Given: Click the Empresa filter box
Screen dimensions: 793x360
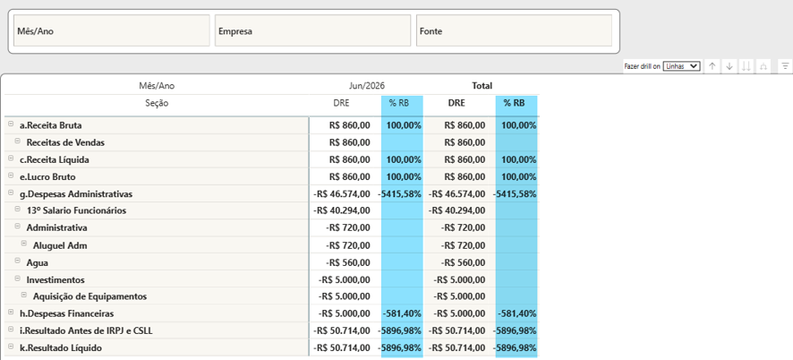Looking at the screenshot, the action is click(312, 30).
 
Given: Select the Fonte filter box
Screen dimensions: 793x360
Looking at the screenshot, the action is click(514, 30).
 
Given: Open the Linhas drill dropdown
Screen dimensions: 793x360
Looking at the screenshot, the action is click(681, 66).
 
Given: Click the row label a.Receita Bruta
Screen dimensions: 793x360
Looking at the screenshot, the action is click(51, 125).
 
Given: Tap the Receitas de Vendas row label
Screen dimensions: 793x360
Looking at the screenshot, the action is click(65, 142).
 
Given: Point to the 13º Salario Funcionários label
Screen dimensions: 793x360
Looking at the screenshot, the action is click(76, 210).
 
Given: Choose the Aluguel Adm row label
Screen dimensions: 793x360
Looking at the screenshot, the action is click(60, 246).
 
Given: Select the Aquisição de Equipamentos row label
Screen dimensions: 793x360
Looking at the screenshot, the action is click(90, 296).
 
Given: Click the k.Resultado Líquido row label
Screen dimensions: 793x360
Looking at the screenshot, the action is click(61, 348).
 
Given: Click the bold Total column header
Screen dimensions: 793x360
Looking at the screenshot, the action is click(482, 86).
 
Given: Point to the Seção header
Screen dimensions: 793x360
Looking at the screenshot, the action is click(157, 103).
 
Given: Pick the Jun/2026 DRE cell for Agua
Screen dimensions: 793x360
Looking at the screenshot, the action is click(348, 262).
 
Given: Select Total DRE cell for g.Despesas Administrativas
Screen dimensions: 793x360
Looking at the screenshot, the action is click(457, 194).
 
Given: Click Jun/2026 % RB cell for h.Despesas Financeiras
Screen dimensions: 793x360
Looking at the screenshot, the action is click(402, 314).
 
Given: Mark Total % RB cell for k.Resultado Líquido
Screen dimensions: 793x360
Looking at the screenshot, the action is click(516, 348).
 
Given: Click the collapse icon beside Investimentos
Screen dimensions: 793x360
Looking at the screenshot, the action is click(18, 279).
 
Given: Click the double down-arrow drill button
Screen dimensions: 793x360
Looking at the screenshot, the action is click(746, 66).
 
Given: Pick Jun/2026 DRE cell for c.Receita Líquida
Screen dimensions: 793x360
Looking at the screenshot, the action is click(349, 160).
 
